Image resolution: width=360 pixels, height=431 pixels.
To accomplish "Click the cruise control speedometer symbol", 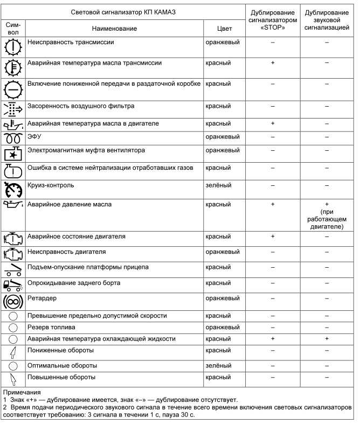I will coord(13,189).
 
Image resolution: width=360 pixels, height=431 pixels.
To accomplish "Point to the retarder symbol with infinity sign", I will coord(13,301).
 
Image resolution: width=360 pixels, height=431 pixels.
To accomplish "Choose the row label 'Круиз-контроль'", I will coord(51,185).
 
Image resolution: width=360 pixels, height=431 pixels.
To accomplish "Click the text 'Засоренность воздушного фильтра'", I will coord(81,106).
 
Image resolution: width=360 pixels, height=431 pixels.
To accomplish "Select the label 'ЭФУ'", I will coord(34,137).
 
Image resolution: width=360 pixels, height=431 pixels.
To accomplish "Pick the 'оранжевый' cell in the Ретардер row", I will coord(223,297).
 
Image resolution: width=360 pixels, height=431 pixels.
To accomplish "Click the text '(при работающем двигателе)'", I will coord(327,220).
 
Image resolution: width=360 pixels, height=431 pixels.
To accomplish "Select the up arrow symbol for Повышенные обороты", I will coord(13,378).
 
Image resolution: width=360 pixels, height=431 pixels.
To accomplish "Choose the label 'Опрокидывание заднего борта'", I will coord(74,282).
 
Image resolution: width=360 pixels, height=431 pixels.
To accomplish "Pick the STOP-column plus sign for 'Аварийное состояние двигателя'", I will coord(273,236).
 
